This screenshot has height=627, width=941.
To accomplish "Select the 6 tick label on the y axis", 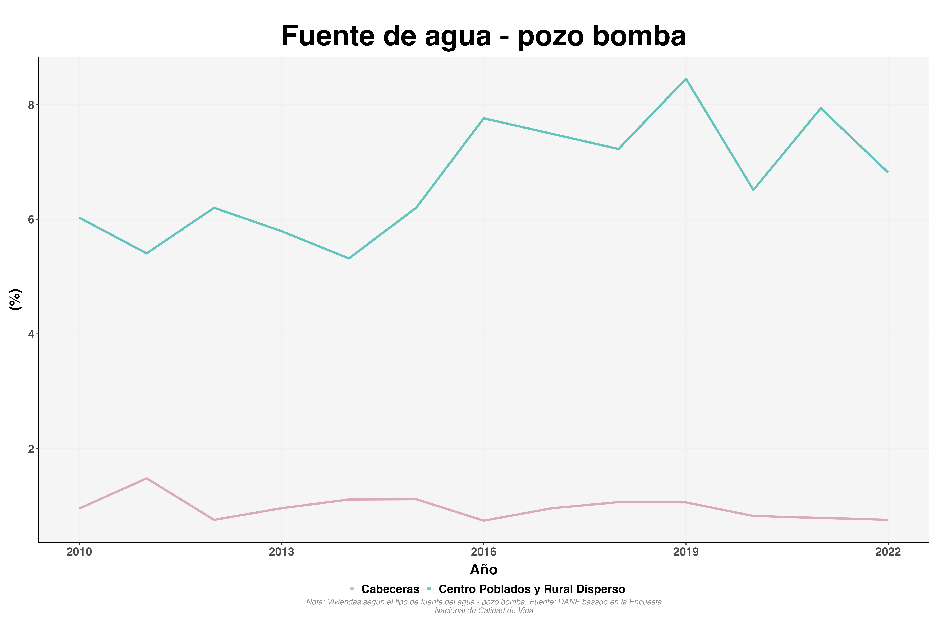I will [x=31, y=219].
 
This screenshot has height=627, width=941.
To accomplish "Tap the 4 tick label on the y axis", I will [x=31, y=334].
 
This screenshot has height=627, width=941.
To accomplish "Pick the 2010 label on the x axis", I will [x=79, y=552].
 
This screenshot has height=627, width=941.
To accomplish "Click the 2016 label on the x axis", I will [x=484, y=552].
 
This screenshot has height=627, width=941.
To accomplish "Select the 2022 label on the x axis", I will [x=888, y=552].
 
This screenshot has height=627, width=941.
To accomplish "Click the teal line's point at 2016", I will [x=484, y=118].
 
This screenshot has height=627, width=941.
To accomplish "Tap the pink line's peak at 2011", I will [x=147, y=478].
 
